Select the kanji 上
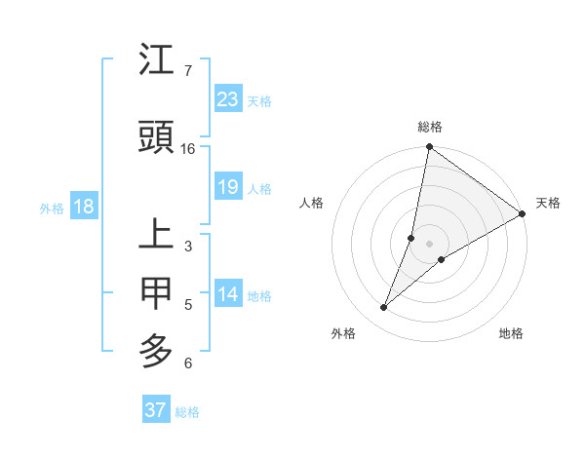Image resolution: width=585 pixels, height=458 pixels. (157, 237)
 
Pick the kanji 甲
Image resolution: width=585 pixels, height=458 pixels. (157, 292)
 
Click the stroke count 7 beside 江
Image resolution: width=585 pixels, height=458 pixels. (187, 71)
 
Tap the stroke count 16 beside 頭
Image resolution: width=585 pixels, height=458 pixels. (188, 148)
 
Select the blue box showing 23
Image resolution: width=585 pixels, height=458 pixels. (228, 99)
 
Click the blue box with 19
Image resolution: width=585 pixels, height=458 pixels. (228, 187)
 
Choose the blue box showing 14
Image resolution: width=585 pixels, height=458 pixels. (228, 295)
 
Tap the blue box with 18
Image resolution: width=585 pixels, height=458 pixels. (83, 208)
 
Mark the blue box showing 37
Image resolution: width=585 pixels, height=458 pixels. (155, 410)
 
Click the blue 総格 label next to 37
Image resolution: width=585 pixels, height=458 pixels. (187, 412)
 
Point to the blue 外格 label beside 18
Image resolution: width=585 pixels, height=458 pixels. (52, 209)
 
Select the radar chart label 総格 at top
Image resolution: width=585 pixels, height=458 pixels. (429, 128)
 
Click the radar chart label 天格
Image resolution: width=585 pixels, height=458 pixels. (548, 203)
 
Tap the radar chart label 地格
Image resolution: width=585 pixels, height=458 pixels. (511, 334)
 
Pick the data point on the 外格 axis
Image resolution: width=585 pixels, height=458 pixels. (384, 308)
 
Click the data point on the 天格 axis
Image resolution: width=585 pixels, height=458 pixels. (523, 213)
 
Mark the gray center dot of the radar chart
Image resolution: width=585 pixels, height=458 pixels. (429, 244)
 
